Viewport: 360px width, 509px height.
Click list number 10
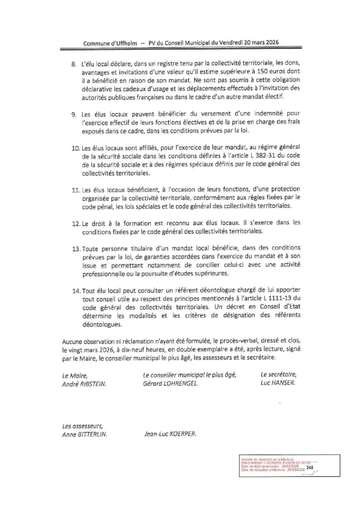(75, 148)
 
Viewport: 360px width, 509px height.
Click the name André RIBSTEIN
(83, 384)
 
